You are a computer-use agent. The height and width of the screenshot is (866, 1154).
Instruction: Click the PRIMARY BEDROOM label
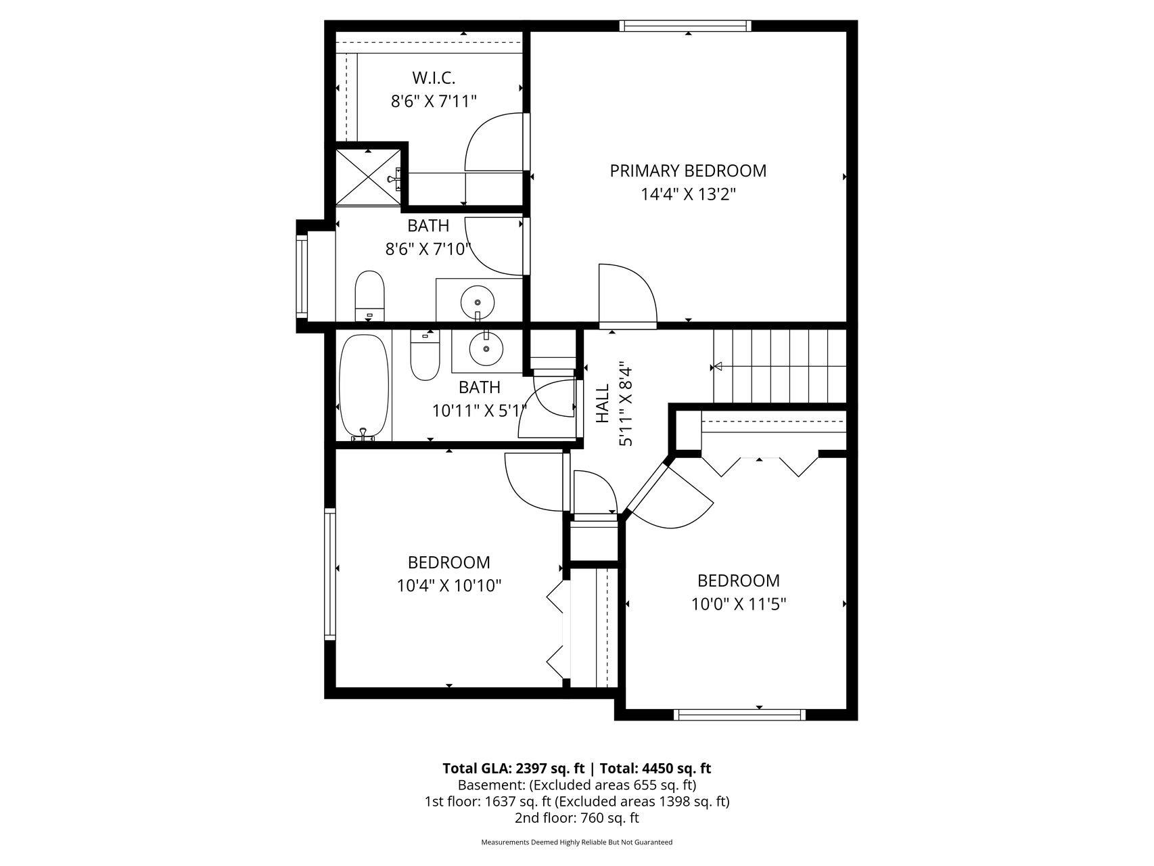point(688,170)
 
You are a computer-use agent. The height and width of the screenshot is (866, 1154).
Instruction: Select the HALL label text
point(602,405)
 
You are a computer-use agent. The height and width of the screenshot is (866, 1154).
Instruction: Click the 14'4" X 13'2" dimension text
point(688,195)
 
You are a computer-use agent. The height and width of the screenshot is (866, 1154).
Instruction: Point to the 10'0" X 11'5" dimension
point(739,603)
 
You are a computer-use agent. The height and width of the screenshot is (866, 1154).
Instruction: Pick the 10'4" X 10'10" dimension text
point(449,585)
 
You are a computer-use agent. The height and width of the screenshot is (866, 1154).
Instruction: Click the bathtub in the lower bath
point(365,388)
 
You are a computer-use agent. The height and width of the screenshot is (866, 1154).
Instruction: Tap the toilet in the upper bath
point(369,296)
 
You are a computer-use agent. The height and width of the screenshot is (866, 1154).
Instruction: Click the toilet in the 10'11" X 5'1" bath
point(425,355)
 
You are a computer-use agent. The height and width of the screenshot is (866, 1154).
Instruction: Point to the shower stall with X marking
point(369,176)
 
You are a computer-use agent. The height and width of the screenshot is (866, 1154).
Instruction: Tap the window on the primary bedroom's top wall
point(686,26)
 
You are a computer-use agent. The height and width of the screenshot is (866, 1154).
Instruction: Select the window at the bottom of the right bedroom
point(740,714)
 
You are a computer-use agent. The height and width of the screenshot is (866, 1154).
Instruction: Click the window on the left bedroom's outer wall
point(330,574)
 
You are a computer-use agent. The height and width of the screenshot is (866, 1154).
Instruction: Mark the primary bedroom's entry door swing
point(628,295)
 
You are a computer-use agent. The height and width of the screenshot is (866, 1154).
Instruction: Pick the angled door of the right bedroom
point(670,494)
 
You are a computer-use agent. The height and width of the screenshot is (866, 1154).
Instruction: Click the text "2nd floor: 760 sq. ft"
point(576,818)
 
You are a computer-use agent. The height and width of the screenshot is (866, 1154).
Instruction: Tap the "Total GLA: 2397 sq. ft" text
point(513,769)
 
